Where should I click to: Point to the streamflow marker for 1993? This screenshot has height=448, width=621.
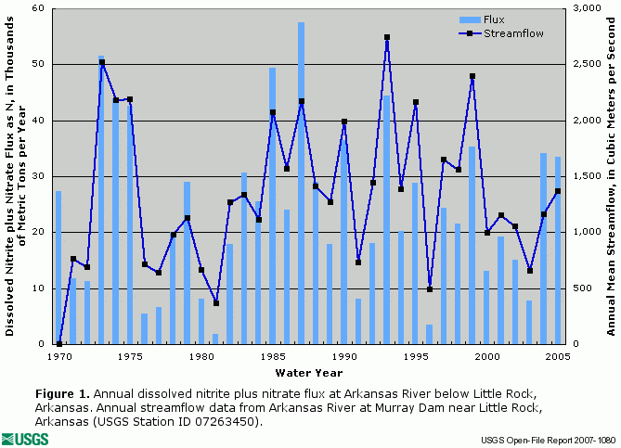click(387, 38)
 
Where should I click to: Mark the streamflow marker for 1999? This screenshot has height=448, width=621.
click(472, 77)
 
